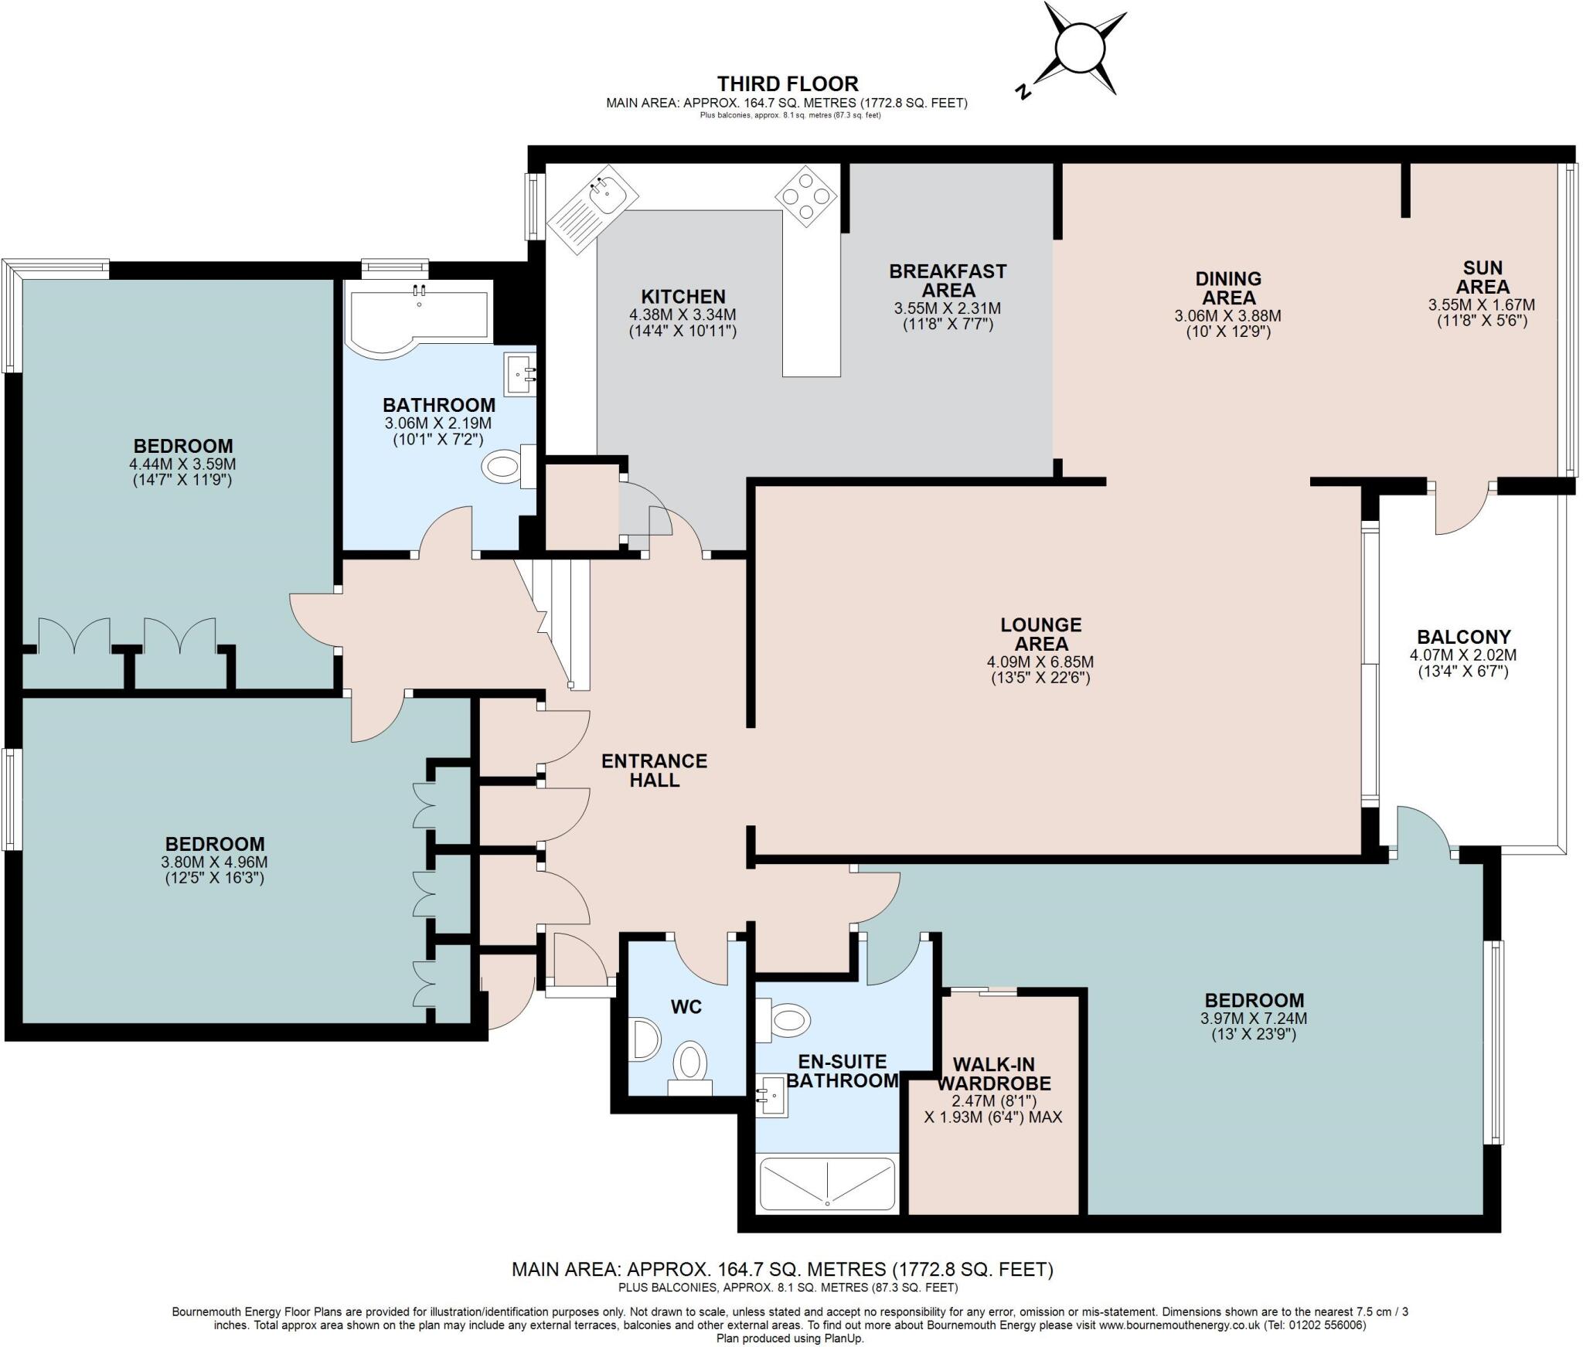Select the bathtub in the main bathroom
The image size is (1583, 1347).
tap(416, 318)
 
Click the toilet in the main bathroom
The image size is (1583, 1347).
tap(505, 467)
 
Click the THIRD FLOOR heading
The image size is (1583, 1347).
tap(787, 83)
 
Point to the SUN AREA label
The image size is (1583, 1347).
tap(1483, 277)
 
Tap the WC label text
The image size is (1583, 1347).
tap(686, 1006)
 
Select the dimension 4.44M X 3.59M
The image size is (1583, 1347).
tap(182, 464)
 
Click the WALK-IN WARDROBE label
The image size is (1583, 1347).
tap(993, 1073)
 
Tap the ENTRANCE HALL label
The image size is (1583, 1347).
tap(654, 770)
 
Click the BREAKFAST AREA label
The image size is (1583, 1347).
tap(948, 281)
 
